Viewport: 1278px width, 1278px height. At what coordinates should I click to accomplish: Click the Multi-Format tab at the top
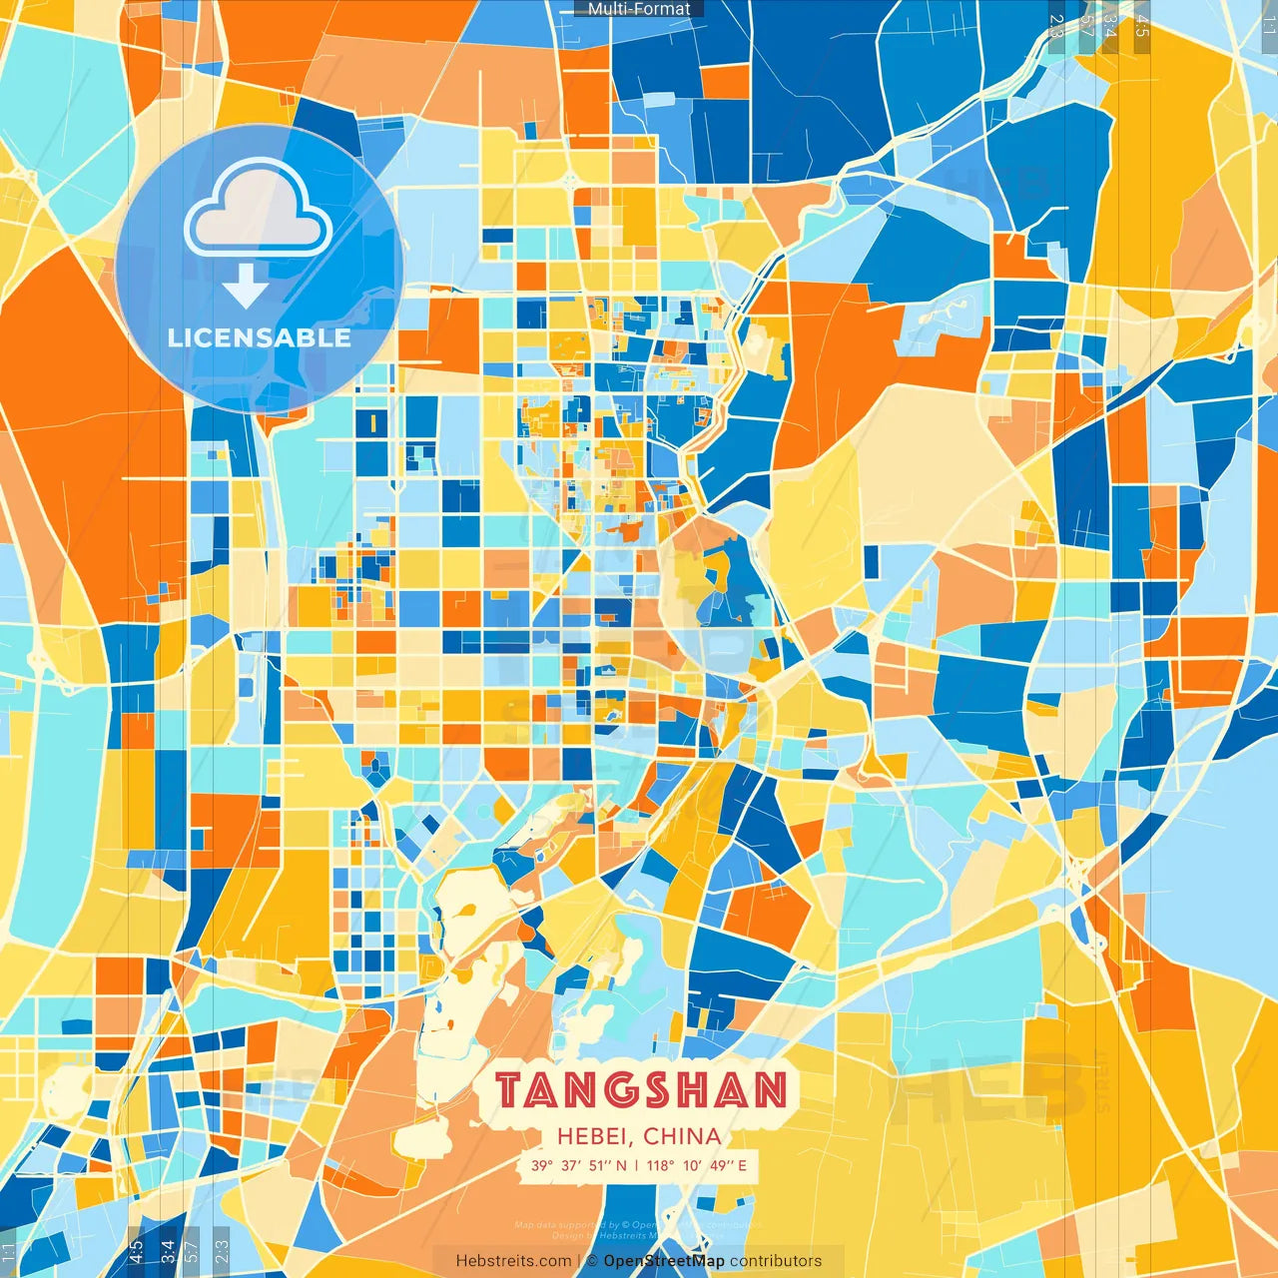[639, 9]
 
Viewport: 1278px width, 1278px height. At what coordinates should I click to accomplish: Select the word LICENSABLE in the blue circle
[260, 337]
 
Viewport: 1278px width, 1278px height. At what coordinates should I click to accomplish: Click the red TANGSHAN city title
[641, 1090]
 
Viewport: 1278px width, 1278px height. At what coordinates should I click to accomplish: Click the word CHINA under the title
[682, 1136]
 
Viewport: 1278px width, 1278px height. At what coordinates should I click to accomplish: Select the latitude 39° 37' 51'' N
[579, 1165]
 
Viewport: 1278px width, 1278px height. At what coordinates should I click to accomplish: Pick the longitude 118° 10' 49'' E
[697, 1165]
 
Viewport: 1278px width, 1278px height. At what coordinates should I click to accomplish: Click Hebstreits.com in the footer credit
[513, 1261]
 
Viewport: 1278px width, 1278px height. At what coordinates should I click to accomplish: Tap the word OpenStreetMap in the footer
[664, 1261]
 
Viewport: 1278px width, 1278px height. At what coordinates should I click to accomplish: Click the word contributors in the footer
[776, 1261]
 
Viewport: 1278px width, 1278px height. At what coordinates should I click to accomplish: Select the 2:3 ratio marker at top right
[1056, 26]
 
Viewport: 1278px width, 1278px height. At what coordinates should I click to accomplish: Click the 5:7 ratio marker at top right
[1086, 26]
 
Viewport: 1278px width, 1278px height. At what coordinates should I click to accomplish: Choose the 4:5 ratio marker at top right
[1142, 26]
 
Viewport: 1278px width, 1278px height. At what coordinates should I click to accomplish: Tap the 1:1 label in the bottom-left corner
[8, 1252]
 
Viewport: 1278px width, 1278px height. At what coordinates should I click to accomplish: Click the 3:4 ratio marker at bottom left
[167, 1252]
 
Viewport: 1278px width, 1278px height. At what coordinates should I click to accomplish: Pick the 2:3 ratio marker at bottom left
[221, 1252]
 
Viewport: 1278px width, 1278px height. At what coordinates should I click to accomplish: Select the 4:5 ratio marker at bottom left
[136, 1252]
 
